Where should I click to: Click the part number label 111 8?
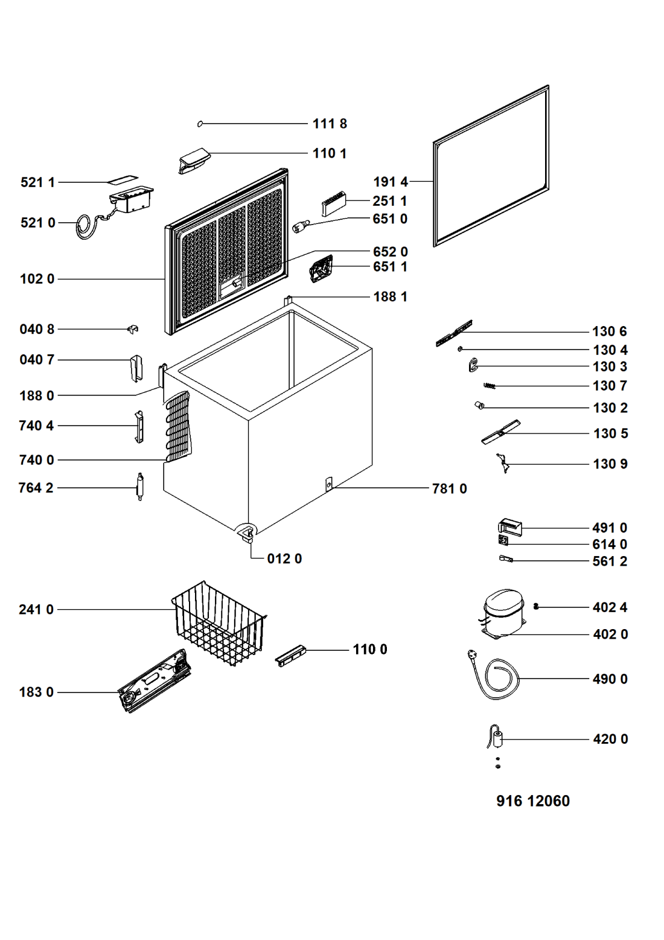pyautogui.click(x=330, y=124)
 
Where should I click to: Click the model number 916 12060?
pyautogui.click(x=533, y=801)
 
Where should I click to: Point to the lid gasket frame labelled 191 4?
pyautogui.click(x=491, y=166)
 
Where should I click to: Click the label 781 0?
pyautogui.click(x=450, y=489)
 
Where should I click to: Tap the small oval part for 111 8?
pyautogui.click(x=200, y=124)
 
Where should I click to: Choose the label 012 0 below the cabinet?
pyautogui.click(x=284, y=559)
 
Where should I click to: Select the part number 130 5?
pyautogui.click(x=611, y=433)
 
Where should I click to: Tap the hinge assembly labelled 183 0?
pyautogui.click(x=155, y=680)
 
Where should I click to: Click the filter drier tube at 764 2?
pyautogui.click(x=139, y=487)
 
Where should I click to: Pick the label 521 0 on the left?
pyautogui.click(x=38, y=223)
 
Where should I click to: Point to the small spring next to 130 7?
pyautogui.click(x=489, y=386)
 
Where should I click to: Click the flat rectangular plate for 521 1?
pyautogui.click(x=123, y=179)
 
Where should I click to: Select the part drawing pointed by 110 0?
pyautogui.click(x=291, y=656)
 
